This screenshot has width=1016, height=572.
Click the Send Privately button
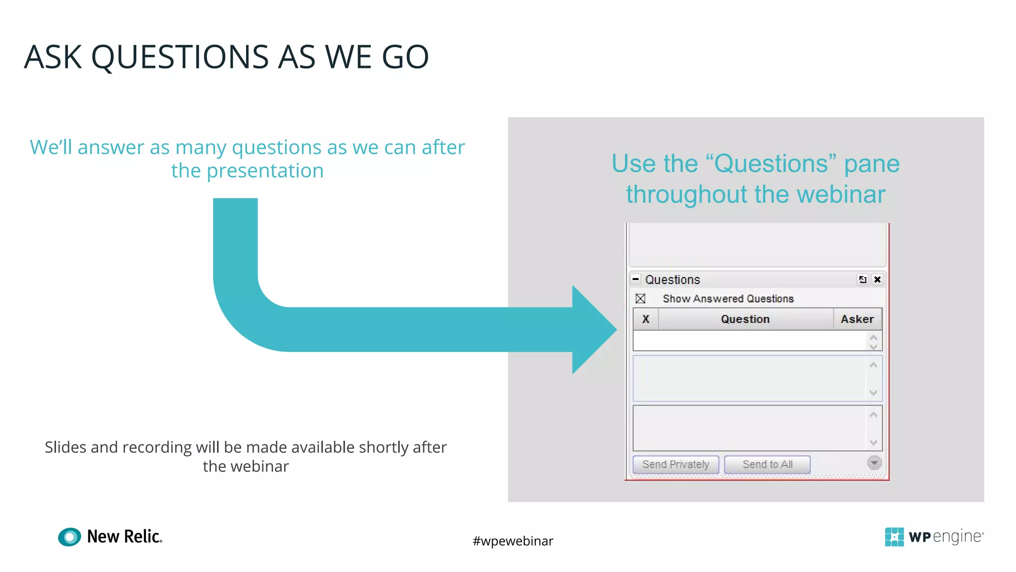coord(676,464)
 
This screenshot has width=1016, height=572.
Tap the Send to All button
coord(767,464)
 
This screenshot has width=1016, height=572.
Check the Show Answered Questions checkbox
coord(640,298)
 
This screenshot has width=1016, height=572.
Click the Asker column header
coord(857,319)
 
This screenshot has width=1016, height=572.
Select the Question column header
coord(745,319)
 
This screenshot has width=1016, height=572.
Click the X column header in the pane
coord(645,319)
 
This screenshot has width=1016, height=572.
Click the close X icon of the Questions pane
coord(877,280)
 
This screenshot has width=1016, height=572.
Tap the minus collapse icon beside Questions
coord(635,279)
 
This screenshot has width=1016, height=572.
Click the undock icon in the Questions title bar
coord(863,280)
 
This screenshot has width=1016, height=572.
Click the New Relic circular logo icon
coord(69,537)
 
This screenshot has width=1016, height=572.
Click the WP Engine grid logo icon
coord(894,537)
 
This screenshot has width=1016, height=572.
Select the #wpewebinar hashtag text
coord(512,541)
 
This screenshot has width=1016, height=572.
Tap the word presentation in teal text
coord(265,171)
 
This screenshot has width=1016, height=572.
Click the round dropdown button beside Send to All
coord(874,463)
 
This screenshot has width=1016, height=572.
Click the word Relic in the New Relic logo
coord(142,537)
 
